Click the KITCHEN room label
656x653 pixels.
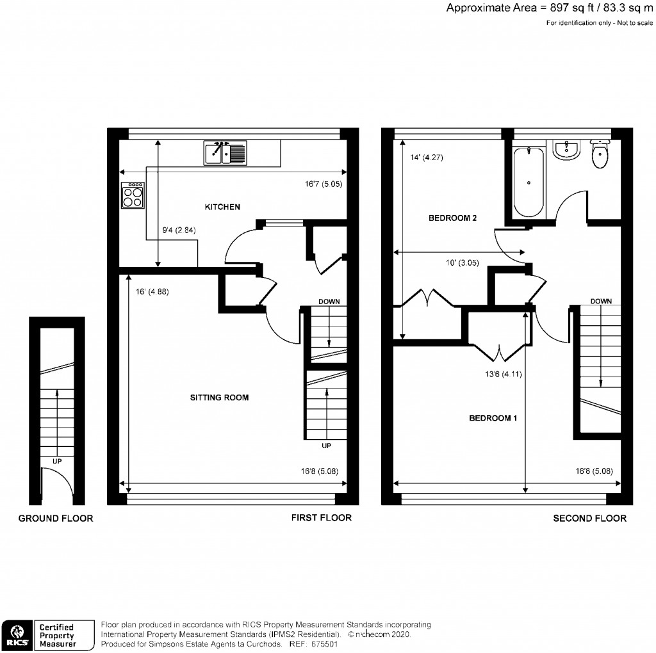[x=222, y=207]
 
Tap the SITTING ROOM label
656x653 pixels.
[x=219, y=398]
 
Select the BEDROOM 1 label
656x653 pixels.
[x=493, y=418]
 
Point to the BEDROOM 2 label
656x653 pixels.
[x=452, y=218]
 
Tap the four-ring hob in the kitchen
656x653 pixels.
[x=133, y=195]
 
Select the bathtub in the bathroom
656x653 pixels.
[x=529, y=182]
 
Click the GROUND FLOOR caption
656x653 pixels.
[x=56, y=519]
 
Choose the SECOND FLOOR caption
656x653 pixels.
[x=589, y=519]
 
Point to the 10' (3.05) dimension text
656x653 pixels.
[x=457, y=261]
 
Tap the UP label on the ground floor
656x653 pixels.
[x=57, y=460]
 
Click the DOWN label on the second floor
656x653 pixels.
[x=601, y=301]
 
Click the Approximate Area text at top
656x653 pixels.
[x=550, y=8]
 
